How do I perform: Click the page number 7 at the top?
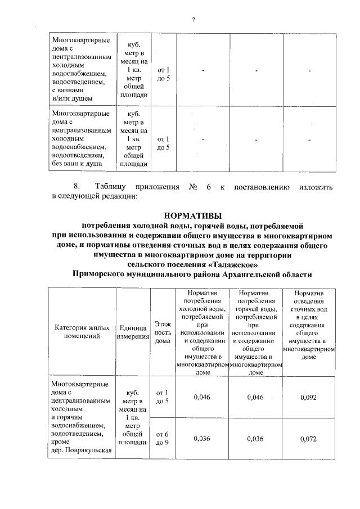(x=193, y=20)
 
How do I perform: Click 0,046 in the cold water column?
(x=201, y=397)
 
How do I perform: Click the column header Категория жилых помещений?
(x=82, y=332)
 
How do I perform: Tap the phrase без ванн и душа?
(x=76, y=164)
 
